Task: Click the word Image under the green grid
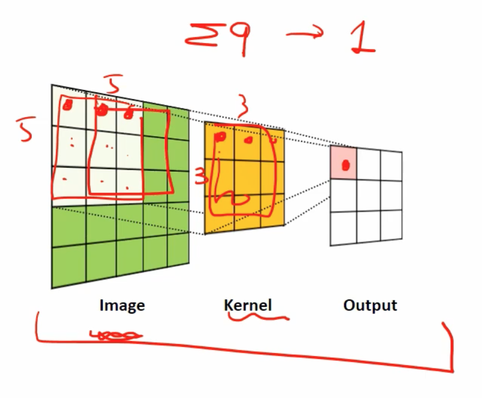[x=122, y=306]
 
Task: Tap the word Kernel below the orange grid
[x=248, y=305]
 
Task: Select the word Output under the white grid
[x=370, y=305]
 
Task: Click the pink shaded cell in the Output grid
[x=344, y=162]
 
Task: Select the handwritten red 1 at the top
[x=362, y=37]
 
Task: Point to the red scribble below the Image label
[x=117, y=336]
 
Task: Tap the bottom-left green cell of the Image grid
[x=69, y=265]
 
